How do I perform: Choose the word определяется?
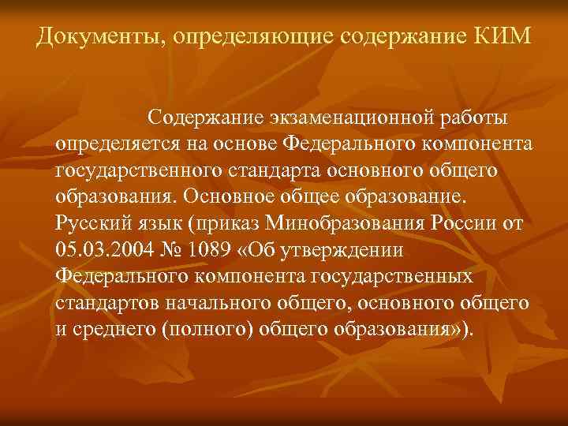coord(110,145)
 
